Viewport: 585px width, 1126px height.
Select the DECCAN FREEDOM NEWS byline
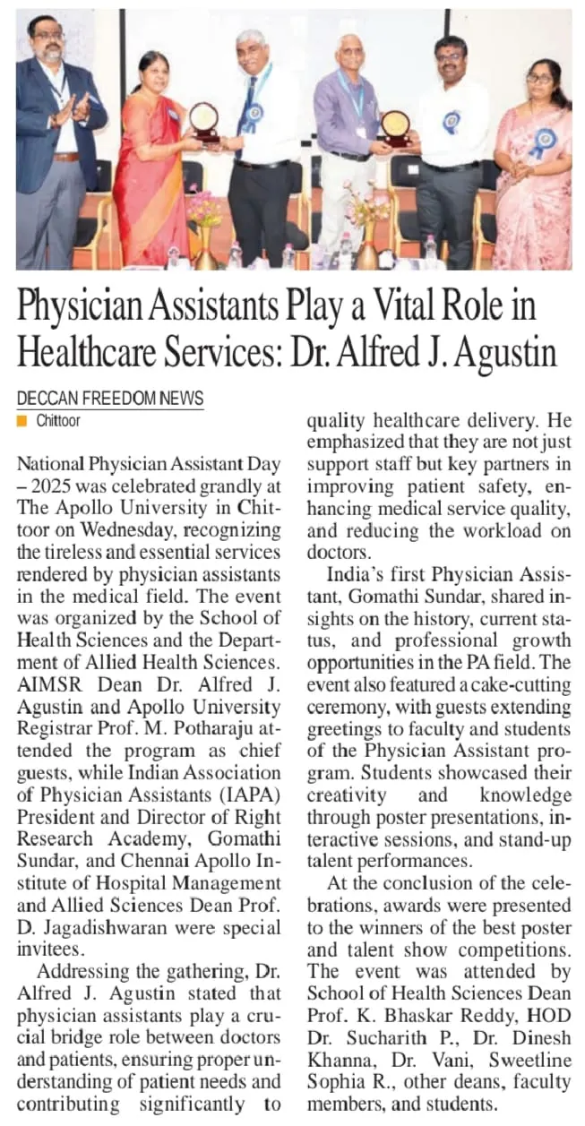click(110, 399)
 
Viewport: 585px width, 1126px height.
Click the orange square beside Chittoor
click(22, 420)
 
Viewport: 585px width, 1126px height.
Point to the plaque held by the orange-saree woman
click(203, 121)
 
